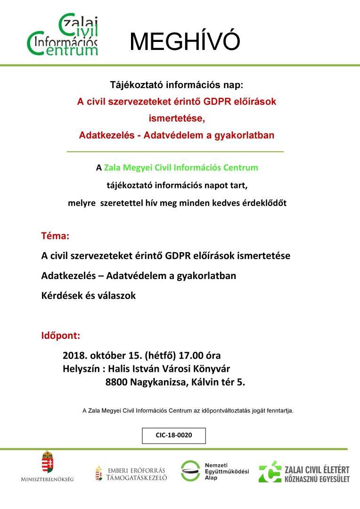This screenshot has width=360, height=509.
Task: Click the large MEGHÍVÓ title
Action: [x=185, y=42]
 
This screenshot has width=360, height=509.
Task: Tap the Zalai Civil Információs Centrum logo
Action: [x=63, y=35]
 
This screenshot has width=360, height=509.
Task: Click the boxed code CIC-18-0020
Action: [x=174, y=435]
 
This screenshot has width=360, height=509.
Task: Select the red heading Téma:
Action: [x=56, y=234]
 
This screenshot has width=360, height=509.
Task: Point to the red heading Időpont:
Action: [x=61, y=337]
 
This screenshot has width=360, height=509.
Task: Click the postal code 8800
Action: [x=116, y=382]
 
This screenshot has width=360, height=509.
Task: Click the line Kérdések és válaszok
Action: [x=89, y=296]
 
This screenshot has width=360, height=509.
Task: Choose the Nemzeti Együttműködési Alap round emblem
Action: [x=192, y=471]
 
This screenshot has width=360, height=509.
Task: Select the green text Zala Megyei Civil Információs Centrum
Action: [x=181, y=167]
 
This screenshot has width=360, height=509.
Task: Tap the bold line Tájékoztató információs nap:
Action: [x=177, y=85]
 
